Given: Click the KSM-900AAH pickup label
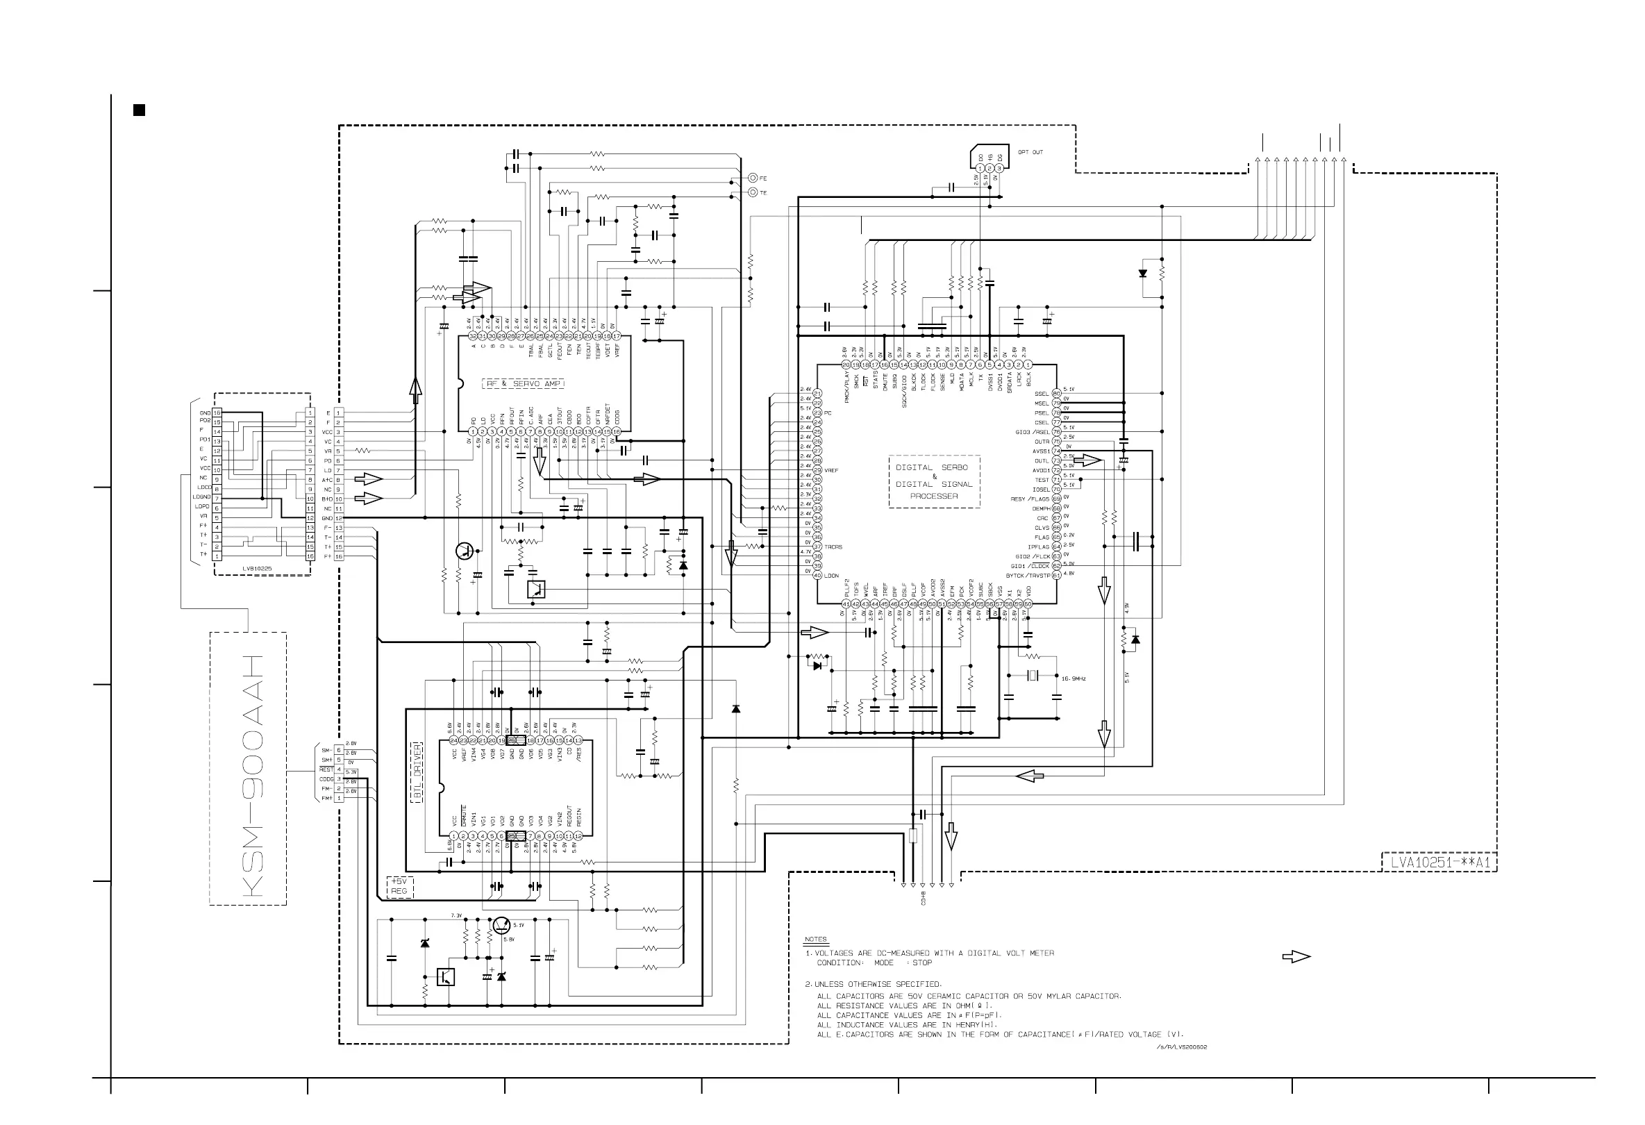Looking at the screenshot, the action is point(252,775).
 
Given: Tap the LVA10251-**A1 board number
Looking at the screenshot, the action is point(1439,862).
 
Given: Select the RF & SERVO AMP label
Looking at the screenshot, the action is point(523,384).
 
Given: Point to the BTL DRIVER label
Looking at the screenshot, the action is point(417,772).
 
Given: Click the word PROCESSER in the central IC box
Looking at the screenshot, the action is point(935,496).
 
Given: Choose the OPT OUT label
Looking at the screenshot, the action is point(1030,152).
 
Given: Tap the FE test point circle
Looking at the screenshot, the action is point(753,178).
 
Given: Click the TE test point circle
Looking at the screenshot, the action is point(753,192).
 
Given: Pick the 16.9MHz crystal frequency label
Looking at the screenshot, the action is point(1073,678).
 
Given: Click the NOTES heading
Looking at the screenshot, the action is point(815,939).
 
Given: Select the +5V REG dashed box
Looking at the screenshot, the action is point(399,886).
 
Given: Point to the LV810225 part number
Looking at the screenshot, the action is point(257,569).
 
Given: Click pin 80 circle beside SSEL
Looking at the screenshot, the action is point(1057,394).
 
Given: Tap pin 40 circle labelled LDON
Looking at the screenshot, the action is point(817,576).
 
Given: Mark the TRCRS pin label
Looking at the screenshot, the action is point(833,547).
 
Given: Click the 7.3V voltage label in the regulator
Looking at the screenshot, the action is point(456,915).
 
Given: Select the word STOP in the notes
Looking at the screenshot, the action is point(921,963).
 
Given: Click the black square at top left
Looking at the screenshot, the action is point(140,110).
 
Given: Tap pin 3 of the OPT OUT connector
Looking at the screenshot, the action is point(1000,169).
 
